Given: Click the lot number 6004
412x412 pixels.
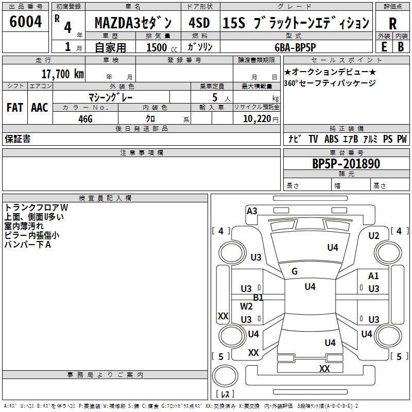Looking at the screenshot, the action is point(25,21).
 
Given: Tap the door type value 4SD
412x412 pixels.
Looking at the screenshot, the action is point(199,23).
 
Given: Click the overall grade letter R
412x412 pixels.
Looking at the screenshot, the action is point(392,24).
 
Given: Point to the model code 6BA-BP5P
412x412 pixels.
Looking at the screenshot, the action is point(295,47).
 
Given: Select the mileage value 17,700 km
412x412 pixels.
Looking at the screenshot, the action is point(62,74).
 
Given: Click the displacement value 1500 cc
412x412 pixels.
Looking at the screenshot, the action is point(162,47).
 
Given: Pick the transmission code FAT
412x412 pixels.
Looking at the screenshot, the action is point(15,108).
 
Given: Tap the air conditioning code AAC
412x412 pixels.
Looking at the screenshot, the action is point(40,108).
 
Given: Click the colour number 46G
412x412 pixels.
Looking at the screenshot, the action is point(85,119).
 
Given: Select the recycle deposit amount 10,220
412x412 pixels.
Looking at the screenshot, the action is point(256,119).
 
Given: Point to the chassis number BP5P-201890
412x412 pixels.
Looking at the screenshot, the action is point(346,164).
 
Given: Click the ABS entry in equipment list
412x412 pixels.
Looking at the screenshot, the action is point(331,139).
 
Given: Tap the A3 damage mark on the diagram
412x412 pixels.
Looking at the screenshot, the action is point(252,211).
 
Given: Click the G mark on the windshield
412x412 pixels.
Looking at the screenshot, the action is point(295,271).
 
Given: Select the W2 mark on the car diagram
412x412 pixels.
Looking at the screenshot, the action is point(246,306).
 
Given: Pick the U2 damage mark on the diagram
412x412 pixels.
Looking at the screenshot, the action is point(374,236).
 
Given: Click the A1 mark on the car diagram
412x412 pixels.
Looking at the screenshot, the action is point(373,276).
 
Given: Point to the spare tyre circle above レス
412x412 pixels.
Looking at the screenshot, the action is point(225,376).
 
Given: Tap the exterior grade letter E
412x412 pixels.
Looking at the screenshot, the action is point(384,47).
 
